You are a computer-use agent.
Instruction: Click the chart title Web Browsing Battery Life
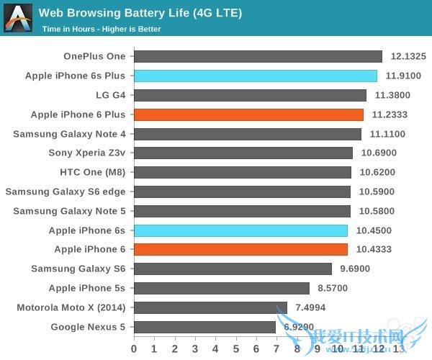140,13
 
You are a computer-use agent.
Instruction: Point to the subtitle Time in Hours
101,30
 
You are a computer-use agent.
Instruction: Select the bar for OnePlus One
258,56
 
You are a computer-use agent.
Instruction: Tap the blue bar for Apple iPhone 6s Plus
256,76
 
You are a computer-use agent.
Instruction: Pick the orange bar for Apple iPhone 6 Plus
248,114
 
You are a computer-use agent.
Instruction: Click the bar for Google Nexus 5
204,327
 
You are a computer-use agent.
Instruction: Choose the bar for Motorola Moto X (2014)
210,307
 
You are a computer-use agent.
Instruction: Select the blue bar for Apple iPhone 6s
240,230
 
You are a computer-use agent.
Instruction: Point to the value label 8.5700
334,288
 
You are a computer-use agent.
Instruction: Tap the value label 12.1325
408,56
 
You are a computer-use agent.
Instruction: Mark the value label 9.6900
356,269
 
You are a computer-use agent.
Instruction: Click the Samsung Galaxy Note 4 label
69,134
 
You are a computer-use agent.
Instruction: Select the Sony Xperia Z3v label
86,153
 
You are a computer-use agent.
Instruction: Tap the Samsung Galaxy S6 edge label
66,192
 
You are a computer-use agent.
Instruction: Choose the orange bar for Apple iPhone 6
240,249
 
